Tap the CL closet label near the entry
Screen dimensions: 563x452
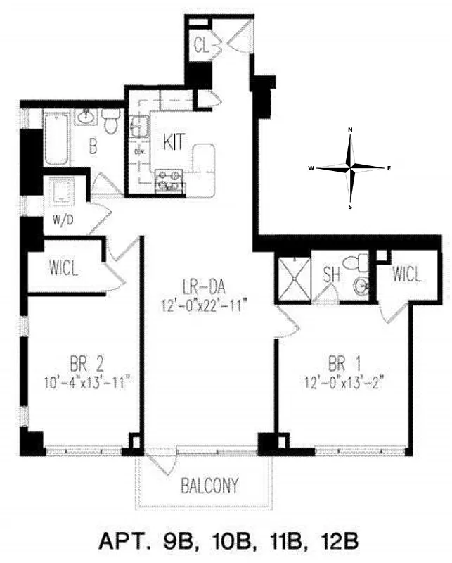(202, 46)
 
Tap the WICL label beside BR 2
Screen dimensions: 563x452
(64, 267)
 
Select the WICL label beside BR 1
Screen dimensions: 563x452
(408, 274)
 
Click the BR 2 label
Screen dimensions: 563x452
(87, 365)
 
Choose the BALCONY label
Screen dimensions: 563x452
(209, 485)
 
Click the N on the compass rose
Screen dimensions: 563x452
(351, 129)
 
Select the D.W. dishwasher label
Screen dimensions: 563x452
(139, 149)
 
